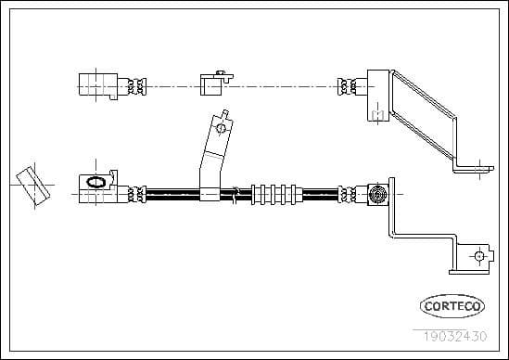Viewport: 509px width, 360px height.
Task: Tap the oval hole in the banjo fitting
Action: pyautogui.click(x=95, y=183)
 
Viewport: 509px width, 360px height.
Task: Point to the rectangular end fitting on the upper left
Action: pyautogui.click(x=93, y=84)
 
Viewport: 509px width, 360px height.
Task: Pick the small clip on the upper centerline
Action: pyautogui.click(x=212, y=84)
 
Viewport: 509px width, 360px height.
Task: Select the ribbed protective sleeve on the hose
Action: pyautogui.click(x=277, y=195)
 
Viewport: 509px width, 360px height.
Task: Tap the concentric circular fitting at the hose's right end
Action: pyautogui.click(x=377, y=195)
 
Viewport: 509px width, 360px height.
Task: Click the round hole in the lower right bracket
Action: pyautogui.click(x=477, y=256)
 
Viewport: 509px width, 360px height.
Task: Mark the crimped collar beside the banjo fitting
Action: pyautogui.click(x=137, y=195)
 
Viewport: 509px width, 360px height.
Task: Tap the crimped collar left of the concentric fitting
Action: pyautogui.click(x=350, y=195)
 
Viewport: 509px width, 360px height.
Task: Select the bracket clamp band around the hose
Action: pyautogui.click(x=210, y=195)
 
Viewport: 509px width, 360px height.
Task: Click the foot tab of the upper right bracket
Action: pyautogui.click(x=473, y=167)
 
